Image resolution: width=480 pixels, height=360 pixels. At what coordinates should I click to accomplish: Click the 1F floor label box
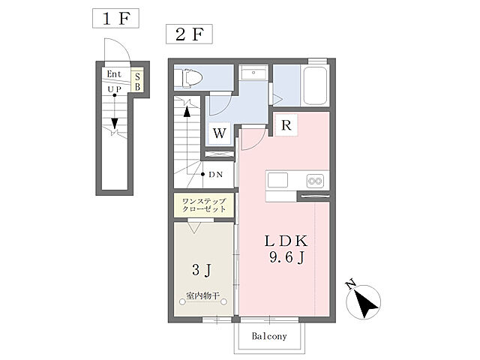[x=115, y=18]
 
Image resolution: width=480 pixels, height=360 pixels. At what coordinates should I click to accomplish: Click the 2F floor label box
[x=189, y=34]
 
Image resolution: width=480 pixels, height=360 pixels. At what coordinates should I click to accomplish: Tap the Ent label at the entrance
[x=114, y=73]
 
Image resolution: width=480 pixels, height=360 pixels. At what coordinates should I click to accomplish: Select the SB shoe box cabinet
[x=137, y=82]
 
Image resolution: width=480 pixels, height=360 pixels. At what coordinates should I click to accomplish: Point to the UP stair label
[x=115, y=89]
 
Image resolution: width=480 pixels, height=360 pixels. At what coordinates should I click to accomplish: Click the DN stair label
[x=215, y=175]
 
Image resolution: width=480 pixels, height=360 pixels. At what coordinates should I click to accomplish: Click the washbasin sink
[x=253, y=73]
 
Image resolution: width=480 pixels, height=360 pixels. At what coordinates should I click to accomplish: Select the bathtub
[x=315, y=85]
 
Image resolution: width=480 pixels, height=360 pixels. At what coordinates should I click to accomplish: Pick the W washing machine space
[x=220, y=133]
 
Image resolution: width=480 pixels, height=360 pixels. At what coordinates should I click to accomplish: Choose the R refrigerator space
[x=286, y=125]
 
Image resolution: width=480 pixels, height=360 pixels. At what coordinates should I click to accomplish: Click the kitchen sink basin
[x=277, y=180]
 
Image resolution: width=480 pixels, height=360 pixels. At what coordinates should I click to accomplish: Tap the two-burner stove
[x=315, y=181]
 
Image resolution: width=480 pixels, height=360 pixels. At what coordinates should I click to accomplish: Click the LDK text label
[x=286, y=241]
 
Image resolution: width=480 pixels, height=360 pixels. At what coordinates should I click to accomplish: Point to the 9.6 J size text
[x=286, y=258]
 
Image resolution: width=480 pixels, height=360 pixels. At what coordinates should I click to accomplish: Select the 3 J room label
[x=202, y=270]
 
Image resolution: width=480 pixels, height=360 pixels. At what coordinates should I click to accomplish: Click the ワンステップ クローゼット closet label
[x=204, y=205]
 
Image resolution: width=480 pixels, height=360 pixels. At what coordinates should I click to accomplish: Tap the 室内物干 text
[x=203, y=295]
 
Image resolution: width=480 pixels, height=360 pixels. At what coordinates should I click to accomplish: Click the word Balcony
[x=269, y=336]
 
